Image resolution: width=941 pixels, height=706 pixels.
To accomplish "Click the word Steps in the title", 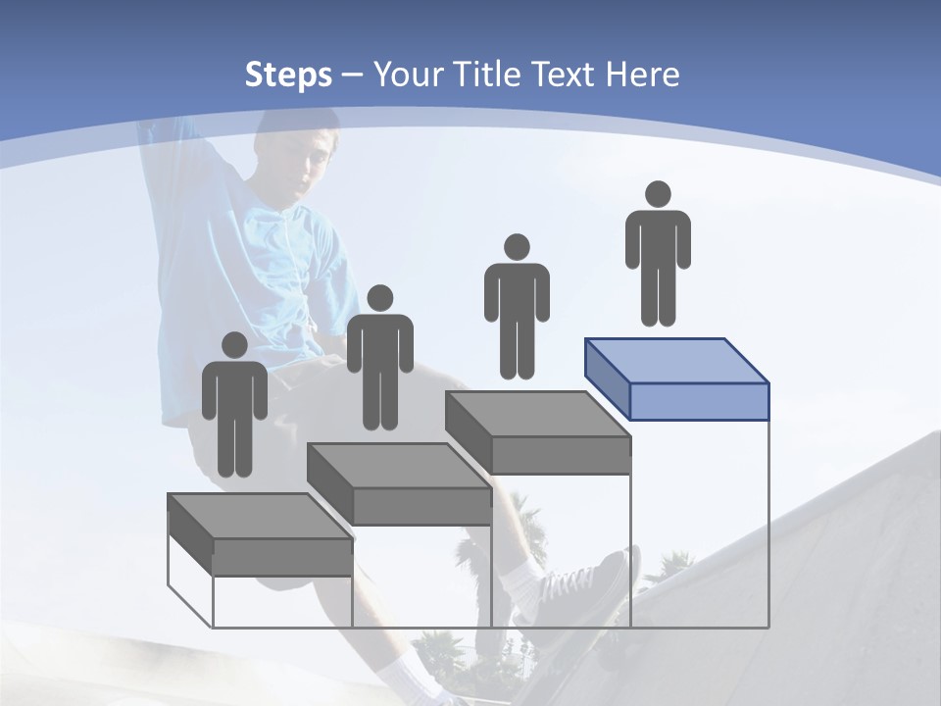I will click(288, 75).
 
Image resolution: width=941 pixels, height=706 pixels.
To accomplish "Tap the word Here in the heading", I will click(643, 75).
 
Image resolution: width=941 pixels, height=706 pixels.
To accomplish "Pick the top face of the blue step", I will click(676, 360).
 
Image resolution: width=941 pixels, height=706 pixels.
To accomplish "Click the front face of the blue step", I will click(698, 401).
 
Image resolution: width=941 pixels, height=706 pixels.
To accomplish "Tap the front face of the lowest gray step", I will click(282, 557).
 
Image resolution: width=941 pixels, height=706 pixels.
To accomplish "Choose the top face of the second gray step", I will click(398, 465).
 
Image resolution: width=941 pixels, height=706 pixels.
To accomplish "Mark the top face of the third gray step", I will click(537, 414).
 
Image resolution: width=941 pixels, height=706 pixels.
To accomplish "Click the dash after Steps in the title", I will click(352, 75).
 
